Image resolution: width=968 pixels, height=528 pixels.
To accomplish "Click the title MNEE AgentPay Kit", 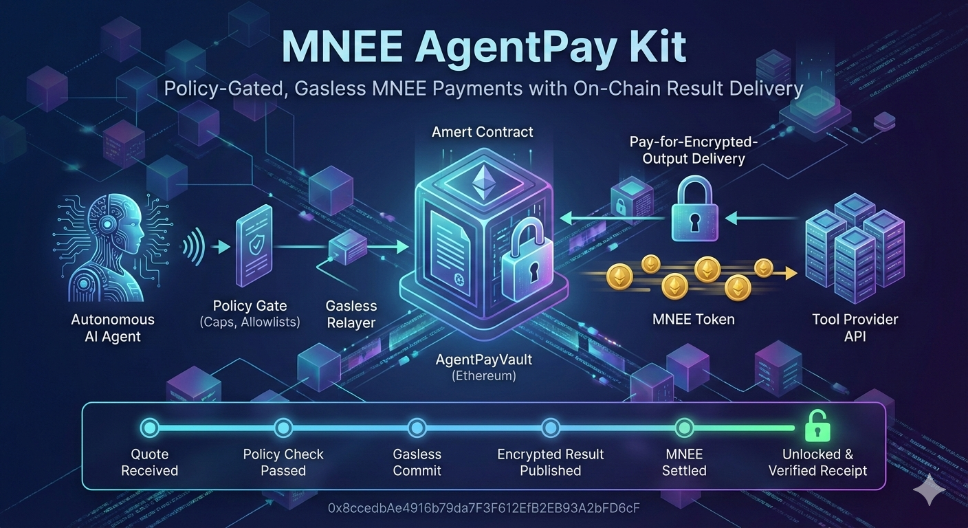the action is click(x=483, y=47).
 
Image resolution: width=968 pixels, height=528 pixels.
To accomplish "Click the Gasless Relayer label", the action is click(x=351, y=313).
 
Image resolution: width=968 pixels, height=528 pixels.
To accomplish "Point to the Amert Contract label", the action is click(x=482, y=132).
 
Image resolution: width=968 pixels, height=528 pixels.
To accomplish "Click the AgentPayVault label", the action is click(x=484, y=360).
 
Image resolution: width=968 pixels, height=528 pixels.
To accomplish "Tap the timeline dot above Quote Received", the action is click(x=149, y=428).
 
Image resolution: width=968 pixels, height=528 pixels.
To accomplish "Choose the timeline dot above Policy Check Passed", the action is click(x=283, y=428).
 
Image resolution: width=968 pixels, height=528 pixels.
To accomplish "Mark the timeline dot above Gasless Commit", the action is click(x=417, y=428).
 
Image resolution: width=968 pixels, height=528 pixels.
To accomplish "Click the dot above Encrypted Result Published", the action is click(x=550, y=428).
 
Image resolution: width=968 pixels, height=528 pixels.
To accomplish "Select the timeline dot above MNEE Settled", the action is click(x=684, y=428).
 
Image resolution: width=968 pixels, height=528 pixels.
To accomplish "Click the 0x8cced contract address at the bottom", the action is click(x=484, y=509).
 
